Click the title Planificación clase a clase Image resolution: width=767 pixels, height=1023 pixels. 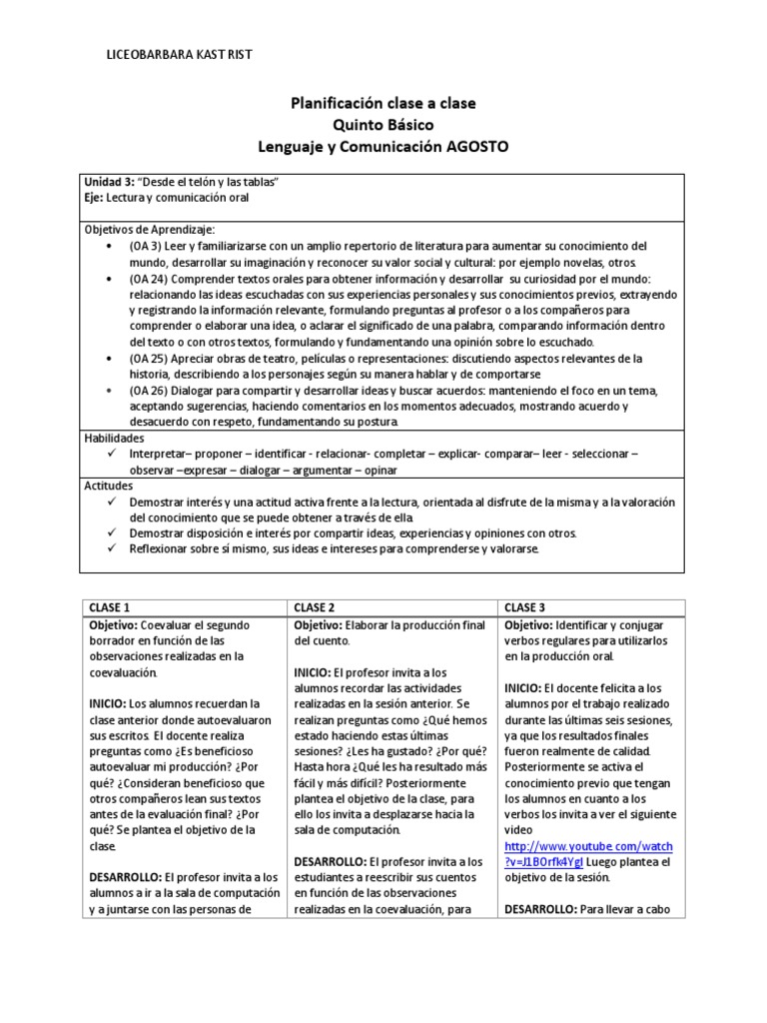click(383, 103)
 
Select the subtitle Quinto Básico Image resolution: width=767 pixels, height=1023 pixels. click(383, 124)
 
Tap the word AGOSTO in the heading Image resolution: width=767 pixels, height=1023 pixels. click(473, 146)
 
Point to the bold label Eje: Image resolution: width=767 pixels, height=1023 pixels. click(95, 198)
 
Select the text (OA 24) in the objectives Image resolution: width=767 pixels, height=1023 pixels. click(151, 279)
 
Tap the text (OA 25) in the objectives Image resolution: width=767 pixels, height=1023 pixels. click(151, 358)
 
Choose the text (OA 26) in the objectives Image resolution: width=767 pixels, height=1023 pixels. click(151, 391)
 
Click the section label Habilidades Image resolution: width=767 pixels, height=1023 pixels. click(114, 438)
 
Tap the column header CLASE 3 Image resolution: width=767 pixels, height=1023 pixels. click(525, 606)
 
